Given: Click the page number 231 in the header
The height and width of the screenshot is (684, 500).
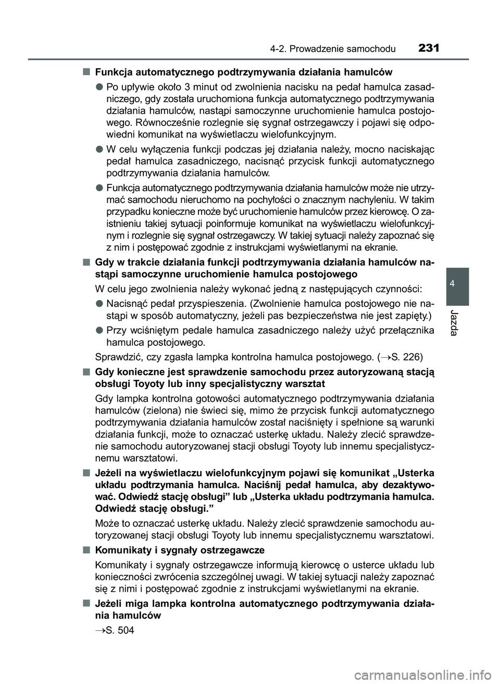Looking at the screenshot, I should tap(428, 48).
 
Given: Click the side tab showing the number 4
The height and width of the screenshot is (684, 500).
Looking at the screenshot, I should tap(457, 283).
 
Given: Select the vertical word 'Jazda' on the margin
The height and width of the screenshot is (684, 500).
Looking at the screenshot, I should tap(457, 321).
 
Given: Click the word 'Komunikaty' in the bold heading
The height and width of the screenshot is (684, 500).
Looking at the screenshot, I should tap(120, 550).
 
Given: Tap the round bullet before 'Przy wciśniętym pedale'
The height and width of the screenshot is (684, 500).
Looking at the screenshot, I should tap(98, 330).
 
